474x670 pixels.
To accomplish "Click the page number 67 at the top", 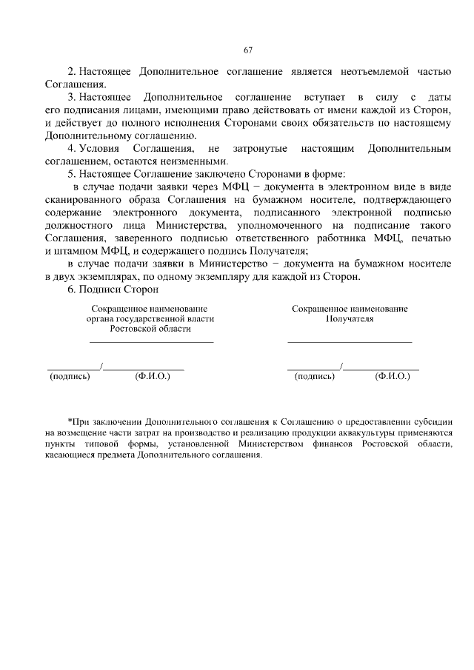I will (248, 50).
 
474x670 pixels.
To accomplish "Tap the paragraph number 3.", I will (71, 98).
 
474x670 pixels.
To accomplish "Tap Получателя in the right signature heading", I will (349, 319).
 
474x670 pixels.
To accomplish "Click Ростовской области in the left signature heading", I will (150, 329).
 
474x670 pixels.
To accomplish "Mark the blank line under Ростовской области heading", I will (151, 342).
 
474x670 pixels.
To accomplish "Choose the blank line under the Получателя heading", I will (349, 342).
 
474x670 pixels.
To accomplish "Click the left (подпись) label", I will (70, 377).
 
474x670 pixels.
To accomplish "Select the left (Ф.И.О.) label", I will (153, 377).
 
